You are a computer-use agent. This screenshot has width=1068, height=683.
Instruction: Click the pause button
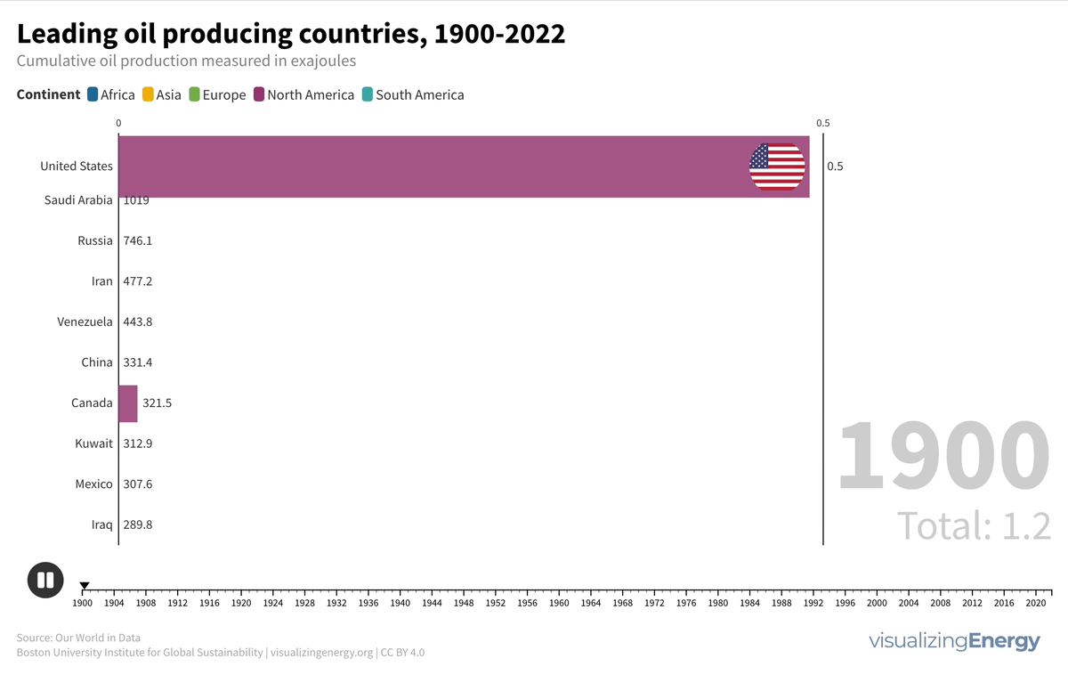[45, 580]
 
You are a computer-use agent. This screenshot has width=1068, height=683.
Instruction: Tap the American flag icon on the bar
[777, 167]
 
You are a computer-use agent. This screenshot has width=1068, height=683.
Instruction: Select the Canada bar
[128, 403]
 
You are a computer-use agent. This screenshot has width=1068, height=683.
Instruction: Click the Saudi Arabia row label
[78, 200]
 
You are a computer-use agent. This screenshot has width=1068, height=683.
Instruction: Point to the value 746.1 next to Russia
[138, 240]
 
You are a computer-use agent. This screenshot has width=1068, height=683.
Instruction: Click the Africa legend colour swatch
[93, 94]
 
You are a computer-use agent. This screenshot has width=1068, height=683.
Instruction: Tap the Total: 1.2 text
[974, 524]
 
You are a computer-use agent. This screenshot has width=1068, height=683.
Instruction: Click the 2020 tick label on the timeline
[1036, 603]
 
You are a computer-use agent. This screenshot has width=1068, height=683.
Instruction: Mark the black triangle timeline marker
[85, 586]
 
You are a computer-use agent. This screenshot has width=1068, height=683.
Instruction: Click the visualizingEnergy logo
[954, 641]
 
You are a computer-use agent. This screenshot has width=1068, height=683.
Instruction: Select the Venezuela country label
[85, 321]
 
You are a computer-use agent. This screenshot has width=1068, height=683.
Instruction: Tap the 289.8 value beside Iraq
[138, 525]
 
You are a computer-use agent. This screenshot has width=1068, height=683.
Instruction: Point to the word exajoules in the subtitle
[318, 61]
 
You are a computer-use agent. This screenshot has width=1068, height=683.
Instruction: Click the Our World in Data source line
[78, 638]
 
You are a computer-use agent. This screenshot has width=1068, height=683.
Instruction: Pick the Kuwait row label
[94, 443]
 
